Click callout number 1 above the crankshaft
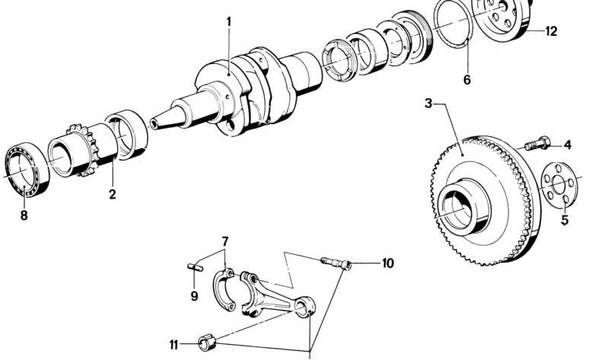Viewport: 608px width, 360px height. tap(228, 22)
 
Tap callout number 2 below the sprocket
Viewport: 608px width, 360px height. tap(112, 195)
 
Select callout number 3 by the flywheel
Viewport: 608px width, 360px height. tap(428, 103)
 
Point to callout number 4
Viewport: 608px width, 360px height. tap(567, 145)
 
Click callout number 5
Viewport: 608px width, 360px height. tap(565, 221)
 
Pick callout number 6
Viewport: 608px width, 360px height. tap(466, 79)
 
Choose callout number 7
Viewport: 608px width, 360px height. tap(224, 242)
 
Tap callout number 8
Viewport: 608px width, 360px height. tap(24, 215)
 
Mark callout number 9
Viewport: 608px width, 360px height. tap(194, 295)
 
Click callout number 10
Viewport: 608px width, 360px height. tap(387, 264)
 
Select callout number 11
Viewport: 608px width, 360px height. tap(174, 345)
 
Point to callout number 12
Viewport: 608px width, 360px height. tap(551, 31)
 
